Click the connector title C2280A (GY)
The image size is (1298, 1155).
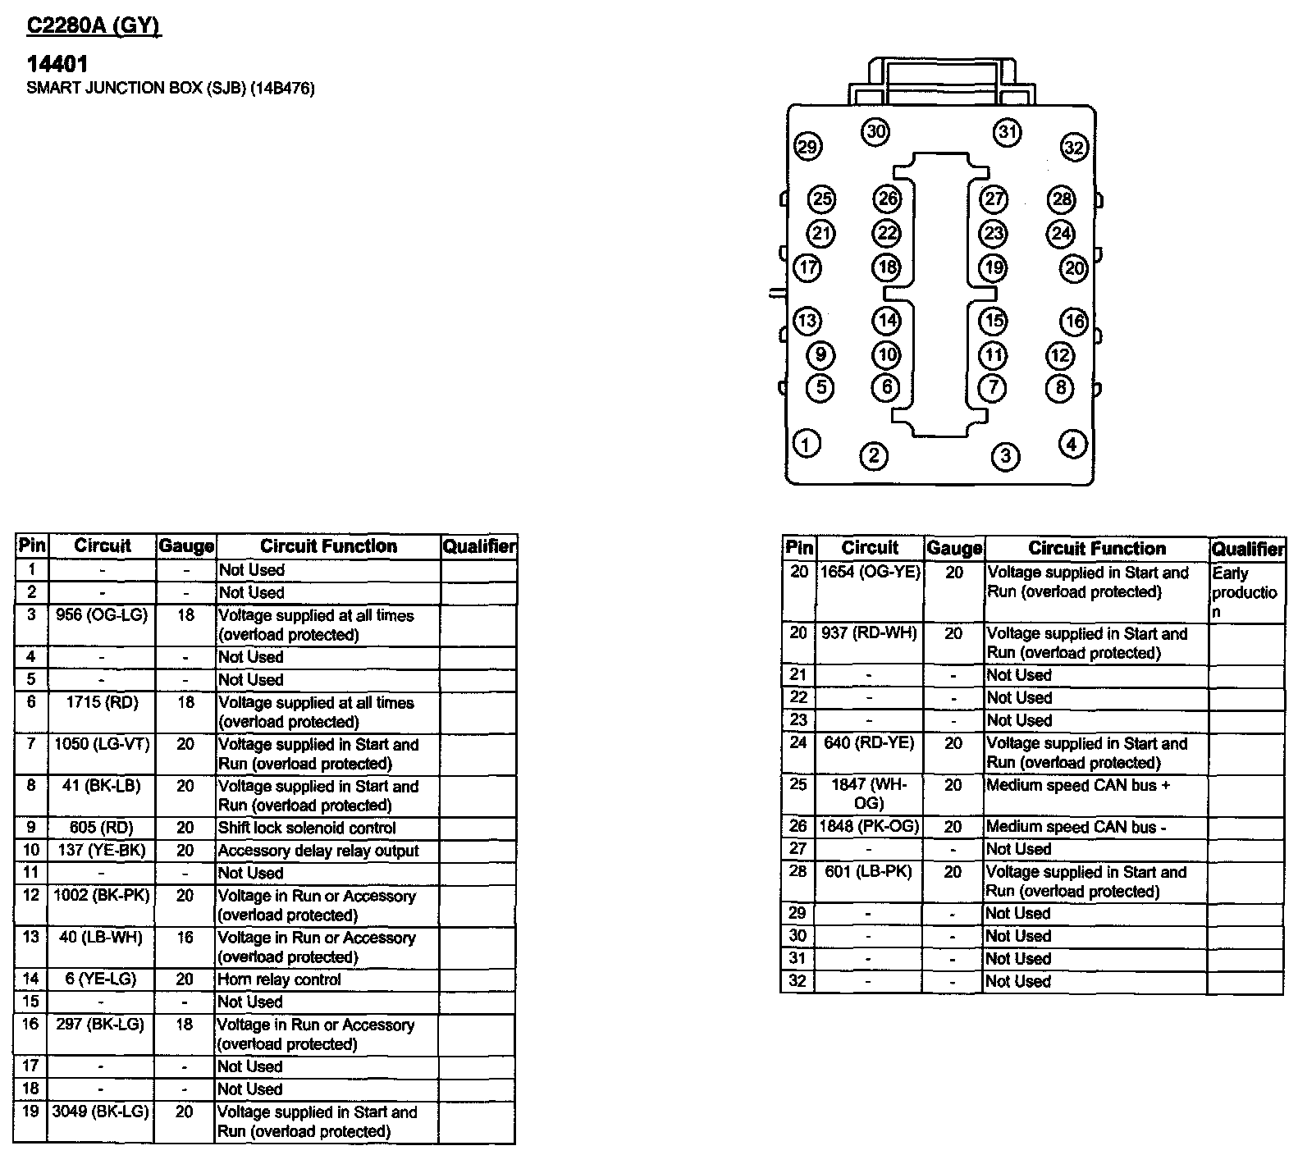[x=94, y=26]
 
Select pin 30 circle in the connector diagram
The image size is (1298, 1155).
[x=876, y=131]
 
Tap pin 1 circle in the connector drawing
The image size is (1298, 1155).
[x=807, y=445]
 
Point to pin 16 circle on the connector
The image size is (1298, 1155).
[x=1074, y=322]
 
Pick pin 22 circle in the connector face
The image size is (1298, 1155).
[x=887, y=233]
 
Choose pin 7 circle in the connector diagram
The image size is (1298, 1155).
[x=994, y=386]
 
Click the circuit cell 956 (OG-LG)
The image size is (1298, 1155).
[x=102, y=615]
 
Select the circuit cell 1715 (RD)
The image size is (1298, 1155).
[x=102, y=703]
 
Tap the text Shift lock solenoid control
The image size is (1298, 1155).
[x=307, y=829]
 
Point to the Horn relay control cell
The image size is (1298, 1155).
[x=279, y=979]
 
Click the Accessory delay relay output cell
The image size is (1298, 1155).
[x=318, y=851]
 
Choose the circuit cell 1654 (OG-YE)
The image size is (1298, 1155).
[x=870, y=573]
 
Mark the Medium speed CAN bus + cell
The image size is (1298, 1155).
[x=1078, y=786]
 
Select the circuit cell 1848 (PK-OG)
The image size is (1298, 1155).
[x=870, y=827]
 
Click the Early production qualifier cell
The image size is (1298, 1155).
[x=1244, y=592]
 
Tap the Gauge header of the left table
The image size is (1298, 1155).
[x=186, y=546]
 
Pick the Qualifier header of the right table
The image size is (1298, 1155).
[x=1247, y=549]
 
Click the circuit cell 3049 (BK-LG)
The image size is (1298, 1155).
[x=101, y=1112]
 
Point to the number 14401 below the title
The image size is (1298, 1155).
[x=57, y=64]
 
